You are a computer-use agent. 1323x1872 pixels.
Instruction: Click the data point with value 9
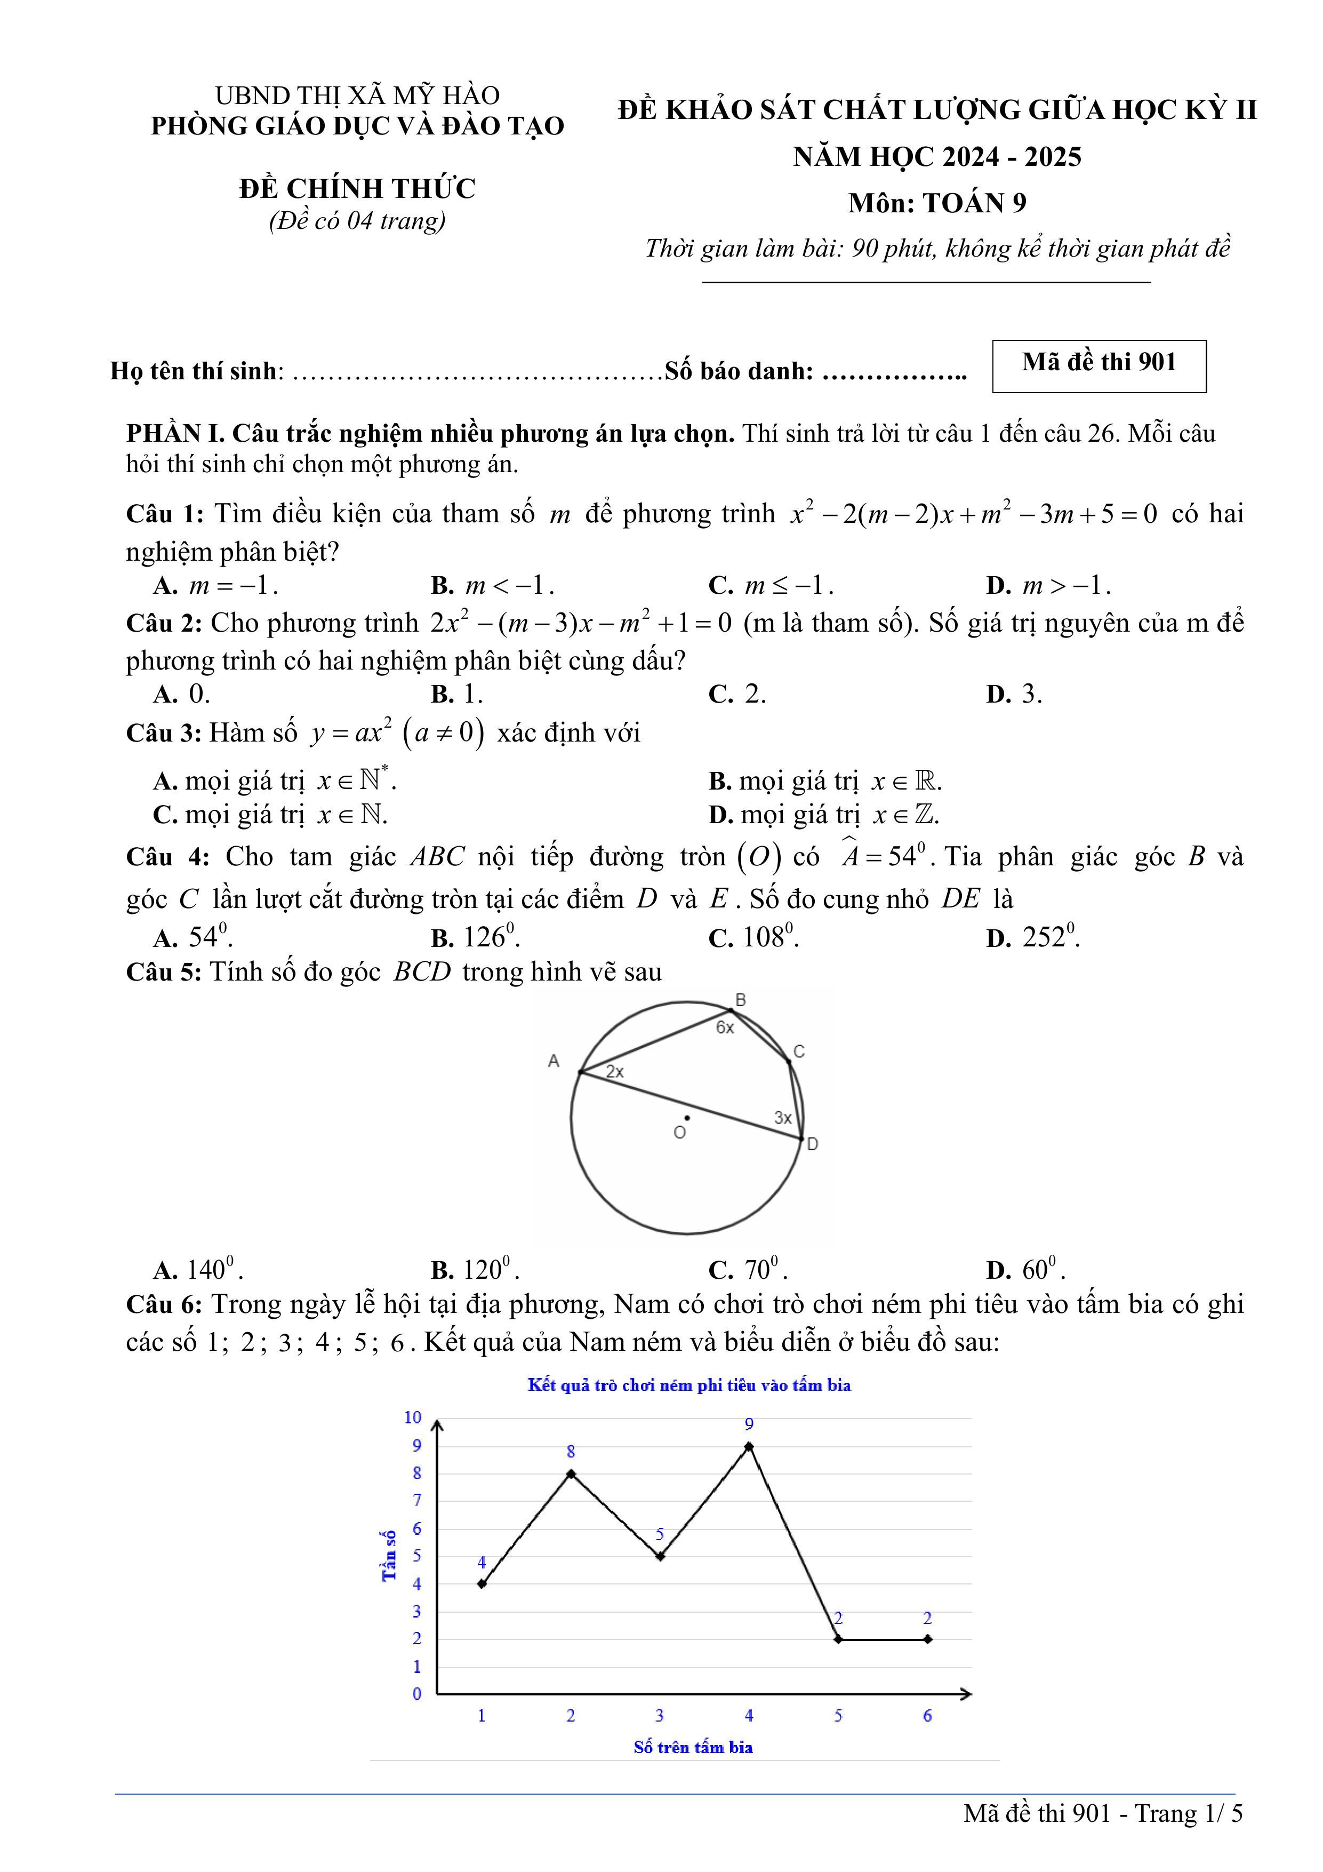pos(748,1446)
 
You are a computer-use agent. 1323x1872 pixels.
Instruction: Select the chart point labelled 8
pos(571,1473)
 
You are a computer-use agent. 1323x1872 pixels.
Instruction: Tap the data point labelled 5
pos(660,1556)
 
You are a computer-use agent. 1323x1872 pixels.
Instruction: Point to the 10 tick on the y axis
pos(413,1417)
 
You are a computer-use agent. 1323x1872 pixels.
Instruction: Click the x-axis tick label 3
pos(660,1716)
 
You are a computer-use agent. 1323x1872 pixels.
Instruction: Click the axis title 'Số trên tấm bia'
pos(693,1747)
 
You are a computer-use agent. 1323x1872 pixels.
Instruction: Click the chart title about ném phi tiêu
pos(689,1384)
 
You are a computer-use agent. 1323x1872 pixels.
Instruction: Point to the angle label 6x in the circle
pos(725,1028)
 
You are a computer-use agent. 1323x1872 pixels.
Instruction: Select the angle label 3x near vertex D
pos(783,1118)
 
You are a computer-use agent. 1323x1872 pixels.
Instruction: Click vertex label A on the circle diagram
pos(554,1061)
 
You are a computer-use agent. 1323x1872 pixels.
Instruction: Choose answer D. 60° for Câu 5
pos(1025,1270)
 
